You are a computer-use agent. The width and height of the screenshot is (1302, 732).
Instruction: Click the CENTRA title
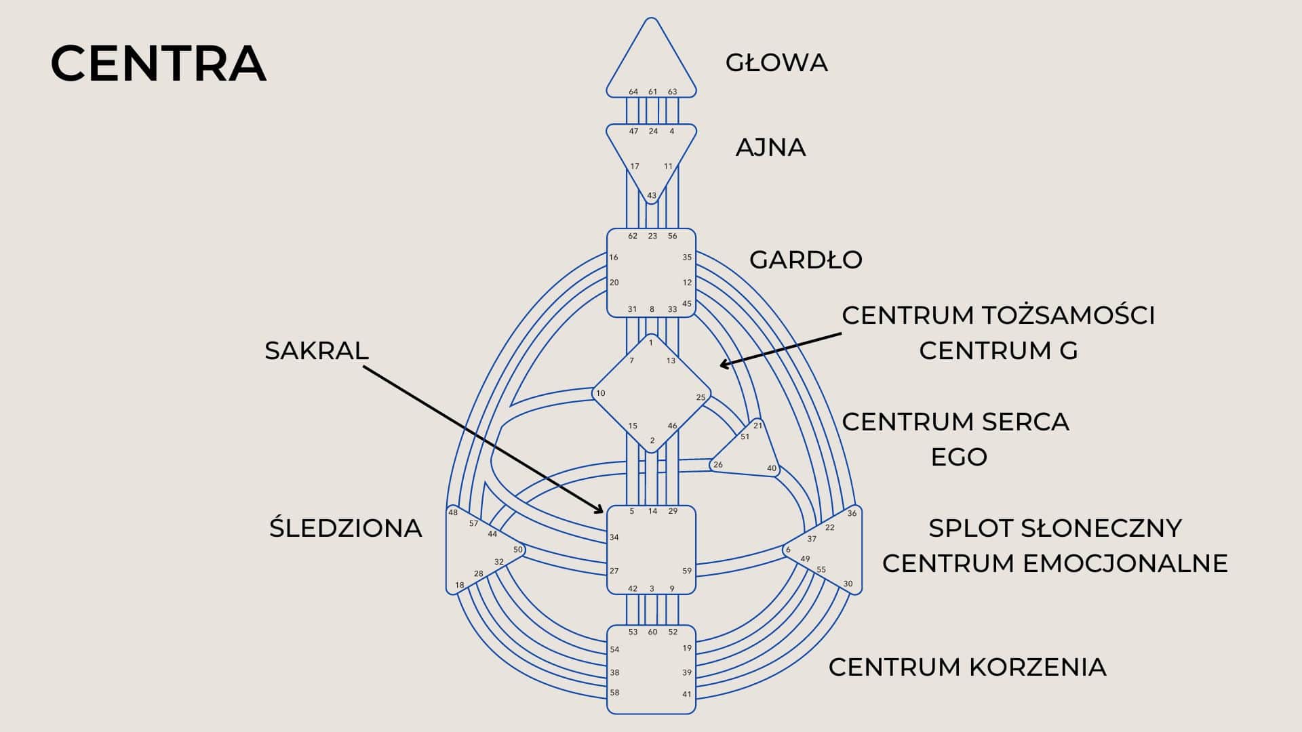click(158, 63)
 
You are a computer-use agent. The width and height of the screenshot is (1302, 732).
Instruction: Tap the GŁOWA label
click(776, 62)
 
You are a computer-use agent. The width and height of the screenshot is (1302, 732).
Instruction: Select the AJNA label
click(770, 147)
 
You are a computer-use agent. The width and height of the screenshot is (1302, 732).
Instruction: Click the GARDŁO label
click(806, 260)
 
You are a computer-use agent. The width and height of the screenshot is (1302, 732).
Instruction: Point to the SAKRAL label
click(317, 350)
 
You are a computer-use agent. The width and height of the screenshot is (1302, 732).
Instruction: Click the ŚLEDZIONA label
click(346, 528)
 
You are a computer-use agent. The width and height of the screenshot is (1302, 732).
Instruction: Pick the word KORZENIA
click(1038, 667)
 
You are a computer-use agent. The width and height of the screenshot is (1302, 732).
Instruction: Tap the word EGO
click(959, 457)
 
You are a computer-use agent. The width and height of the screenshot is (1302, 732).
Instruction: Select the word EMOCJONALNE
click(1125, 563)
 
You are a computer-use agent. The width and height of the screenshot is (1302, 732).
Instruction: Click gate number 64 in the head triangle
click(633, 92)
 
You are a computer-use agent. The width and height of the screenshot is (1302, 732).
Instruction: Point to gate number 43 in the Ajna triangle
click(652, 196)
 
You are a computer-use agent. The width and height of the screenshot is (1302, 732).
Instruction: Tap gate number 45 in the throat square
click(687, 304)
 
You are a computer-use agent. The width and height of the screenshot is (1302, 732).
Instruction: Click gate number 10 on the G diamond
click(600, 393)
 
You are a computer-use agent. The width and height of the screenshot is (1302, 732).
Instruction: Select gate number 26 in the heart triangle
click(718, 465)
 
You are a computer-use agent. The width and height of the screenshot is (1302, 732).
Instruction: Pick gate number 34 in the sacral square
click(614, 537)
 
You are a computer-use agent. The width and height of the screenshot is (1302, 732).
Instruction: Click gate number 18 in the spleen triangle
click(460, 586)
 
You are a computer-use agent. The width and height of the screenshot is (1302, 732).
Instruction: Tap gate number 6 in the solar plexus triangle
click(788, 550)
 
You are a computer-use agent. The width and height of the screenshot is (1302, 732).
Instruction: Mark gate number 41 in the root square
click(687, 694)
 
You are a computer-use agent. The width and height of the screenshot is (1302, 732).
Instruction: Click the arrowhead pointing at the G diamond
click(723, 365)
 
